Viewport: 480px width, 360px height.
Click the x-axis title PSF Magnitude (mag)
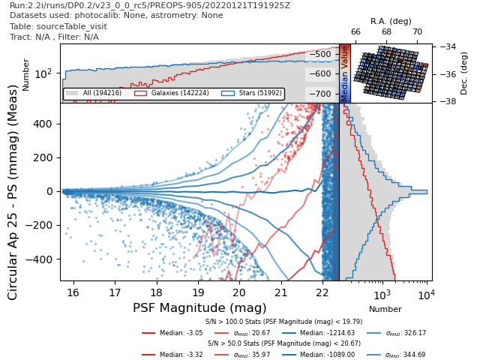pyautogui.click(x=199, y=307)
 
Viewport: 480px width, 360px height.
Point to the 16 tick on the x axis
pyautogui.click(x=73, y=292)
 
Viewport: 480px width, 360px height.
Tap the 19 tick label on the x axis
pyautogui.click(x=198, y=292)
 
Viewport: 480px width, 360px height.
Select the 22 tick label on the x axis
pyautogui.click(x=322, y=292)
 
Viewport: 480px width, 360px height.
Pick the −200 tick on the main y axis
pyautogui.click(x=43, y=225)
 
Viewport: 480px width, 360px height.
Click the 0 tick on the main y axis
pyautogui.click(x=52, y=191)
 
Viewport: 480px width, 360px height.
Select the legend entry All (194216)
pyautogui.click(x=98, y=94)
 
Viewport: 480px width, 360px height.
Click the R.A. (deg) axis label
pyautogui.click(x=391, y=22)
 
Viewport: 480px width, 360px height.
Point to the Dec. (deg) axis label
pyautogui.click(x=464, y=73)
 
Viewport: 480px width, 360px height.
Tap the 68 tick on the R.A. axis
pyautogui.click(x=386, y=32)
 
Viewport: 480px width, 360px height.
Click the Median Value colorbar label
pyautogui.click(x=345, y=73)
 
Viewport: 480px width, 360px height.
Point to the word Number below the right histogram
pyautogui.click(x=385, y=309)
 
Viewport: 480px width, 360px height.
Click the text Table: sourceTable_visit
pyautogui.click(x=54, y=26)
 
